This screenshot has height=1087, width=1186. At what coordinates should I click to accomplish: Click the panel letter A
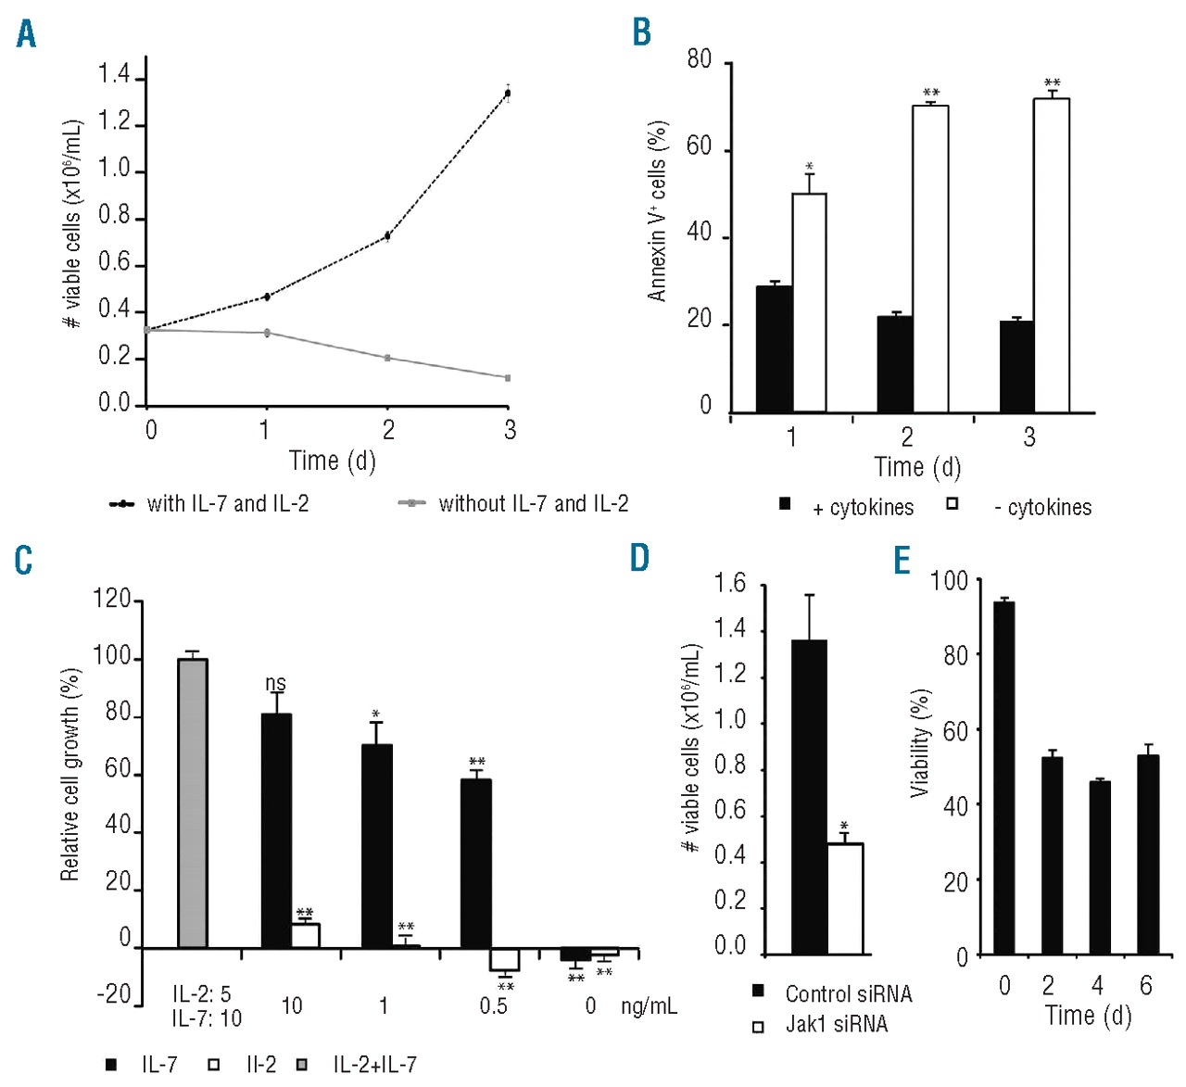pyautogui.click(x=26, y=34)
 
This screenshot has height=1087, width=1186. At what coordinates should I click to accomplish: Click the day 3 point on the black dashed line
pyautogui.click(x=508, y=93)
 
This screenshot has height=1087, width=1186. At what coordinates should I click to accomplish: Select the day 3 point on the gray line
pyautogui.click(x=508, y=378)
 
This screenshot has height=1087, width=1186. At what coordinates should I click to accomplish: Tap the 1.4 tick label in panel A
pyautogui.click(x=115, y=76)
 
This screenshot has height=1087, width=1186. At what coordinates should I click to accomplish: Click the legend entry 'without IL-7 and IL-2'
pyautogui.click(x=533, y=504)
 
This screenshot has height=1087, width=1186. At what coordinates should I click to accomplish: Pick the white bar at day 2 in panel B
pyautogui.click(x=930, y=259)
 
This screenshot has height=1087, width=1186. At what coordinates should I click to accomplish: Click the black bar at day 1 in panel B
pyautogui.click(x=774, y=349)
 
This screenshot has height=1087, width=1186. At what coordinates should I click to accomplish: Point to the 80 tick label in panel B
pyautogui.click(x=700, y=61)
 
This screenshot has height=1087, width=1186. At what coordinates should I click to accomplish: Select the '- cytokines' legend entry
pyautogui.click(x=1042, y=508)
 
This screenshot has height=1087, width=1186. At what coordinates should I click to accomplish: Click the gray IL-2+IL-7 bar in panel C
pyautogui.click(x=193, y=803)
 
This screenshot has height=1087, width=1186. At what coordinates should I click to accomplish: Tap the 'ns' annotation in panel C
pyautogui.click(x=275, y=684)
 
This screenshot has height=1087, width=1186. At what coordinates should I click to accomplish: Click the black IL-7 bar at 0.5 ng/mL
pyautogui.click(x=476, y=864)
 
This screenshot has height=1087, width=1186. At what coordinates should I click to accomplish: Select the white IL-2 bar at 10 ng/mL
pyautogui.click(x=306, y=936)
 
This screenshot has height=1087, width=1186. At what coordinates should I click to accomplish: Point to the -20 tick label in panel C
pyautogui.click(x=114, y=995)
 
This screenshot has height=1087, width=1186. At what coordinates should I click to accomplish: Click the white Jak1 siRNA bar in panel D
pyautogui.click(x=845, y=899)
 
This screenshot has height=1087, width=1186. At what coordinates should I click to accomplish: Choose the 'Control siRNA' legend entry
pyautogui.click(x=848, y=994)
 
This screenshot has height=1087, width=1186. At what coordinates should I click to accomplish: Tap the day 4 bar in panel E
pyautogui.click(x=1100, y=868)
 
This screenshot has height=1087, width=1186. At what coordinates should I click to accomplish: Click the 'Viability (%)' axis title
pyautogui.click(x=920, y=744)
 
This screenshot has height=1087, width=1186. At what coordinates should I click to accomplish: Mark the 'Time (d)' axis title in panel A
pyautogui.click(x=332, y=461)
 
